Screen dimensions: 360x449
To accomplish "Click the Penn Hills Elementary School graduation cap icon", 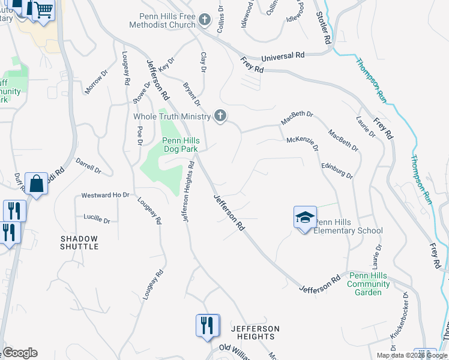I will click(305, 217).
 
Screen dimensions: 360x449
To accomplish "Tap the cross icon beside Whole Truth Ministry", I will click(220, 116).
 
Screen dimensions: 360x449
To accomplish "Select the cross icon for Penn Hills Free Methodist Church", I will click(205, 20).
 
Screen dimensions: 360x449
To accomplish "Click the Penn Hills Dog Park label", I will click(181, 145).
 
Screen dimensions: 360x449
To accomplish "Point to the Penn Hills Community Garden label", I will click(368, 283).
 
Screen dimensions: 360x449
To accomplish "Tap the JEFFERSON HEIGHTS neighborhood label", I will click(256, 333).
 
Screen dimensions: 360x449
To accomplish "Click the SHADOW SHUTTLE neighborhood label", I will click(79, 242).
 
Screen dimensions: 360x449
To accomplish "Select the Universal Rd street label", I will click(283, 56).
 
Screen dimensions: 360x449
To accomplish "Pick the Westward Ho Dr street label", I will click(105, 195).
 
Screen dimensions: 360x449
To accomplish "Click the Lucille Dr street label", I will click(98, 220).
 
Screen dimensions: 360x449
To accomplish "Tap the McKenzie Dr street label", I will click(302, 142).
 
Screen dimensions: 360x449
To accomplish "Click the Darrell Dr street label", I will click(88, 165).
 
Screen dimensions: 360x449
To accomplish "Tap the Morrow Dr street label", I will click(95, 82).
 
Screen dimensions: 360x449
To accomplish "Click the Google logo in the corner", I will click(20, 353).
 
